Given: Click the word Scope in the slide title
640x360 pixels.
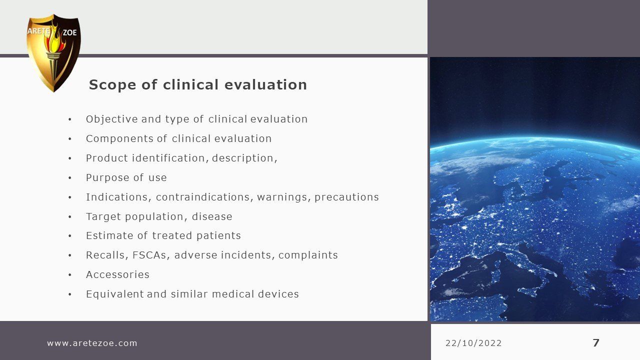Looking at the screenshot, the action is coord(112,85).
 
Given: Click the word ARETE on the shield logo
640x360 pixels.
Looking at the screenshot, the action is coord(38,31).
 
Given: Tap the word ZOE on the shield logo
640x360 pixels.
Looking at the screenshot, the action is coord(69,32).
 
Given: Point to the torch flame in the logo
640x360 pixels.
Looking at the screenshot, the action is coord(55,40).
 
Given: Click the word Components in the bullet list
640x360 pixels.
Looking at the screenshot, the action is coord(119,139).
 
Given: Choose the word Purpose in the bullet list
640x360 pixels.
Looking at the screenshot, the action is coord(108,177).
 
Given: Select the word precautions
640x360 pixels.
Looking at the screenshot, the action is coord(346,197).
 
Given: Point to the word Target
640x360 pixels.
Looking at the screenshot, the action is coord(103,216).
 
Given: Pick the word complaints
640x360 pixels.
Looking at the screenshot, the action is coord(308,255).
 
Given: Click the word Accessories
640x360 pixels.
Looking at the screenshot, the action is coord(117,274).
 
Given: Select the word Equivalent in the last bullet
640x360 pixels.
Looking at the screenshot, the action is coord(115,294).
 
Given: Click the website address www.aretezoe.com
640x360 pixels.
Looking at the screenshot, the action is coord(92,343).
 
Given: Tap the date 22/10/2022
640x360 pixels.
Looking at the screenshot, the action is coord(473,343).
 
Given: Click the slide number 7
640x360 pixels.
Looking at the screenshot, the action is coord(596,343).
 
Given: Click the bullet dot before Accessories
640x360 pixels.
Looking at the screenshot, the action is coord(69,275).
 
